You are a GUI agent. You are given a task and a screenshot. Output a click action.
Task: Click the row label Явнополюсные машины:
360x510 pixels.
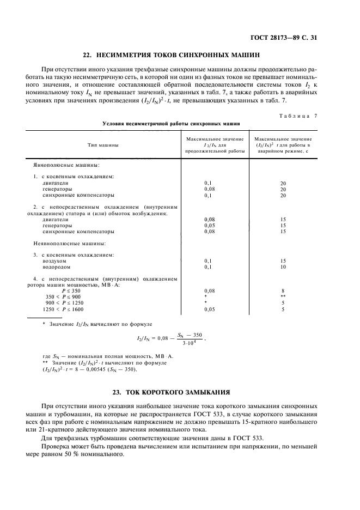point(66,165)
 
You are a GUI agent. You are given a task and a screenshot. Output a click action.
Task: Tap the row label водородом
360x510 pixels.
point(56,267)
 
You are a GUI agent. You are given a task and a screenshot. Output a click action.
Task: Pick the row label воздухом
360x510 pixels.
point(54,261)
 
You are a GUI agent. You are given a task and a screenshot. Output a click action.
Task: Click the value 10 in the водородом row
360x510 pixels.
point(283,267)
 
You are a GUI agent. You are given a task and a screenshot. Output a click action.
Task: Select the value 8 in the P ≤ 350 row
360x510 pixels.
point(283,291)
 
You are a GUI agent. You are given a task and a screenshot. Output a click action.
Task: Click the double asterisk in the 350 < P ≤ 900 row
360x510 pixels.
point(283,297)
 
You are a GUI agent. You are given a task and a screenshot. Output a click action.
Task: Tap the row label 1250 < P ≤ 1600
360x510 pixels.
point(64,309)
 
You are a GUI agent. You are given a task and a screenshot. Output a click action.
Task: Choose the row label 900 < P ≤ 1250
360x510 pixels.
point(65,303)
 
